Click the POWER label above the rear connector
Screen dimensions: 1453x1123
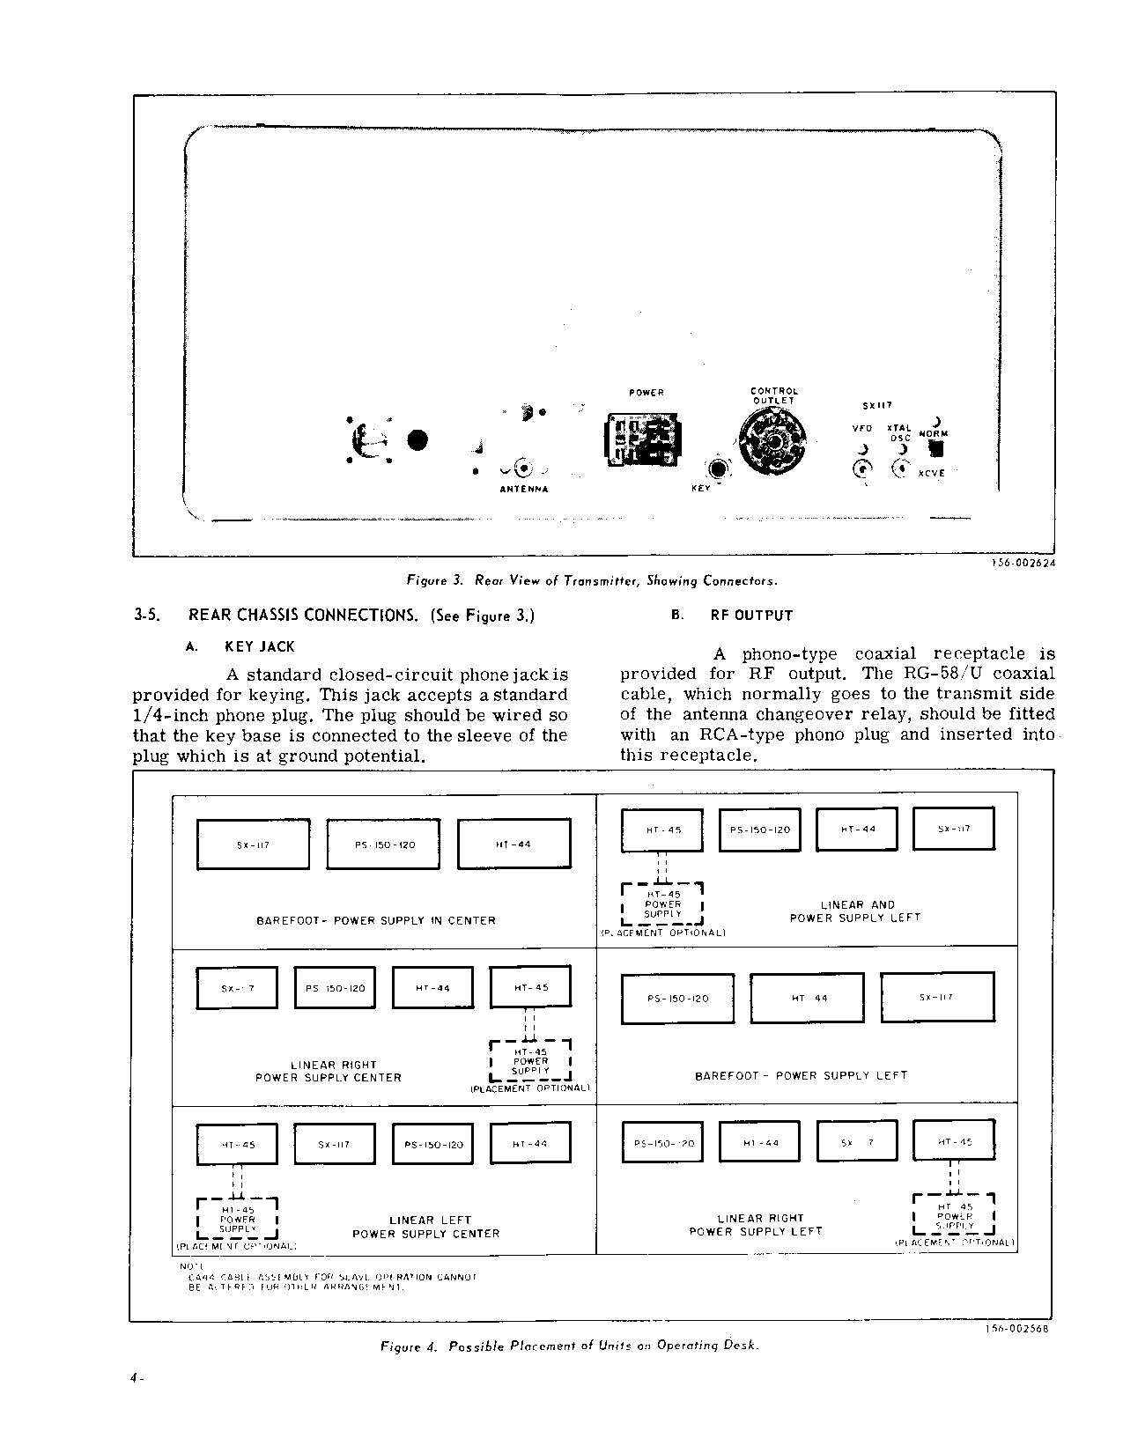646,393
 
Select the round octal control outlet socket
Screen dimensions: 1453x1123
772,442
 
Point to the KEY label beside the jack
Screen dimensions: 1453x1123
701,488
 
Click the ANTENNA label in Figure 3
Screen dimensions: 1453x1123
523,490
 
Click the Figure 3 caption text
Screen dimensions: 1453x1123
591,580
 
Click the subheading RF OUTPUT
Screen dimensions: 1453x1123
751,616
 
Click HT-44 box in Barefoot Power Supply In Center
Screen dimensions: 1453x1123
513,844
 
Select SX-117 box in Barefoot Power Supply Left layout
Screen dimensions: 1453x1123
937,998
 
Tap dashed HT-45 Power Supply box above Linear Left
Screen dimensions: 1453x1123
237,1220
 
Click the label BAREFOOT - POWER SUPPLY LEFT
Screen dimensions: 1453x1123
801,1075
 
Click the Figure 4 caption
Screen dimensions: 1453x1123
569,1346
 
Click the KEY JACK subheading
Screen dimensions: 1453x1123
260,646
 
